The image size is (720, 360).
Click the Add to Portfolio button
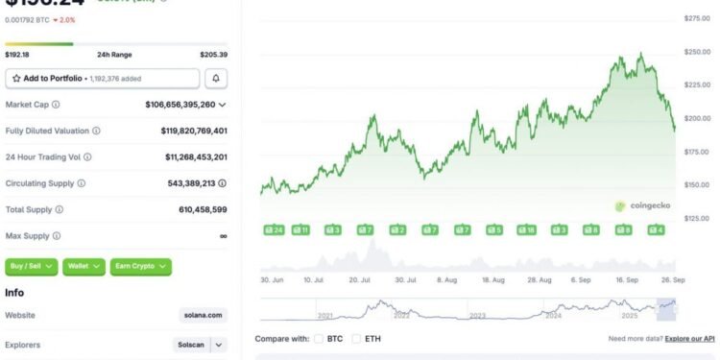(102, 79)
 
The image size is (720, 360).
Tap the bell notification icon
(217, 79)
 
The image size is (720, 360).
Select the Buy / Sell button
(33, 266)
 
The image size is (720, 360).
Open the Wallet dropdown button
(84, 266)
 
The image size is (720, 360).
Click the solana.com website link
(204, 314)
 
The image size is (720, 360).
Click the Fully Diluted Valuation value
(194, 131)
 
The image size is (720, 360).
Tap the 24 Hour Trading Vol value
(196, 156)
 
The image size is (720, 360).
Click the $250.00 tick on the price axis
(696, 52)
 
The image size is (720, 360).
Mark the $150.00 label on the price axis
(696, 184)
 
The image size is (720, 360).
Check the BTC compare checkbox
(321, 338)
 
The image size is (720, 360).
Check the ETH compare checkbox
(357, 338)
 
